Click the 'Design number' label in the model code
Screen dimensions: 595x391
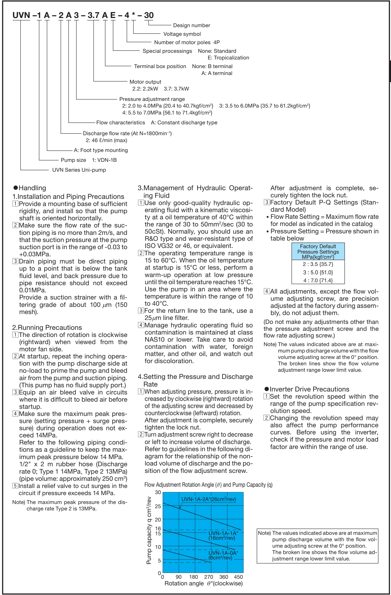(191, 25)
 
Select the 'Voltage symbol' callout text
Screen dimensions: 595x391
(182, 34)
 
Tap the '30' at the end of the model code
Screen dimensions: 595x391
(149, 15)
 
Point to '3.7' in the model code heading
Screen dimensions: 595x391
(94, 15)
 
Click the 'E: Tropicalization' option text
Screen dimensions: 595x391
(228, 58)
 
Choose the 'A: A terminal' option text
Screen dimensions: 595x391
(217, 73)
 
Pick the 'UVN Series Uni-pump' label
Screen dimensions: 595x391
(79, 170)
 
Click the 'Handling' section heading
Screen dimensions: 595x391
(32, 188)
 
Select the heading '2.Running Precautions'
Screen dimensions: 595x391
(47, 328)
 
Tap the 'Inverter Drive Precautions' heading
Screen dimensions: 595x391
(309, 389)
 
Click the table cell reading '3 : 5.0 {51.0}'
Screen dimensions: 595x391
(318, 272)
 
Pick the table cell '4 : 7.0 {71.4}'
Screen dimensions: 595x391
(318, 280)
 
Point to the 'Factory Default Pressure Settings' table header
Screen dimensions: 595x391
(318, 252)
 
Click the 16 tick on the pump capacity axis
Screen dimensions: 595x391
(158, 528)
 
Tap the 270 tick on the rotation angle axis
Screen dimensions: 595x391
(208, 577)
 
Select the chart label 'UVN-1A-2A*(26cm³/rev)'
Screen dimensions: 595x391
(208, 499)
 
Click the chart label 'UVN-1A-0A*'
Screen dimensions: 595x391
(223, 553)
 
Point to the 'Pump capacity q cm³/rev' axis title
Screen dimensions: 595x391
(149, 530)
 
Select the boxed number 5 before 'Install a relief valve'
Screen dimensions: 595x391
(15, 486)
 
